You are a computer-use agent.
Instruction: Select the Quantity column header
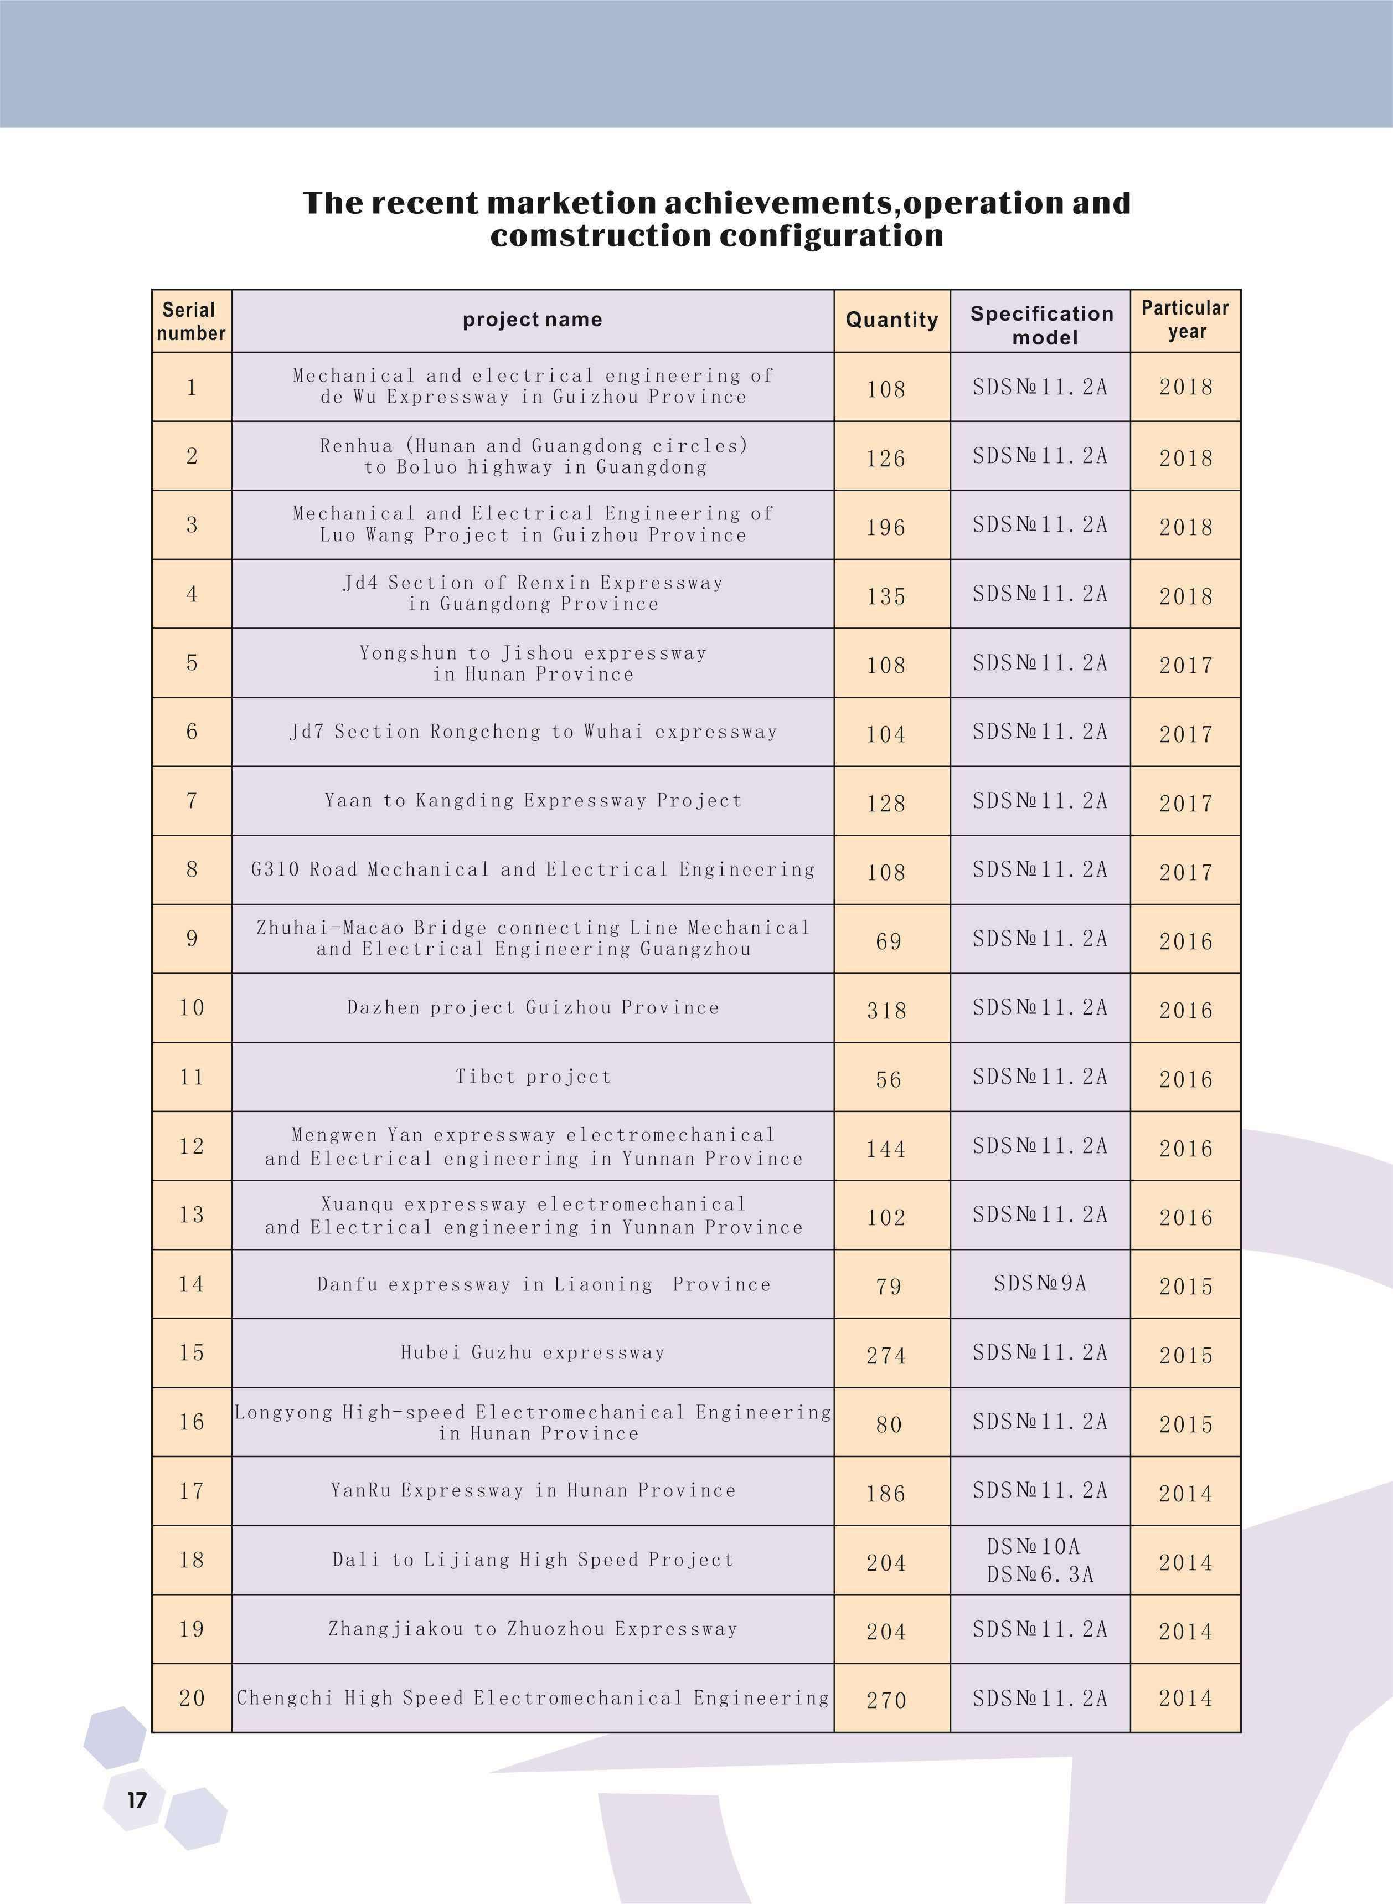coord(891,320)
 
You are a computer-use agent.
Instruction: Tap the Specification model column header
coord(1041,325)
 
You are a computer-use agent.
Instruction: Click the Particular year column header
coord(1185,319)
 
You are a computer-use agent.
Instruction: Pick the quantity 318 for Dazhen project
coord(886,1010)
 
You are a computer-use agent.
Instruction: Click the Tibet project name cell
coord(533,1077)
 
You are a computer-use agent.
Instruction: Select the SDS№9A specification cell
coord(1040,1283)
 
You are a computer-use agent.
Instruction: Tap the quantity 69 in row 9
coord(889,941)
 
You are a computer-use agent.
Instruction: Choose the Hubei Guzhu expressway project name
coord(533,1352)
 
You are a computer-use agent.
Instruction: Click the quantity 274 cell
coord(886,1355)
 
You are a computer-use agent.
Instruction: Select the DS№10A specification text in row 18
coord(1033,1546)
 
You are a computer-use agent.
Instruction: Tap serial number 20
coord(192,1697)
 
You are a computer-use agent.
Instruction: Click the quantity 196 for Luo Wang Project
coord(886,528)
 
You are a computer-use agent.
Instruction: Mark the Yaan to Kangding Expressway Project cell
coord(533,800)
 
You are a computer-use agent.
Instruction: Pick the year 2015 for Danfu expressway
coord(1185,1286)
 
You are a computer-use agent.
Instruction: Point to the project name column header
coord(532,320)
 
